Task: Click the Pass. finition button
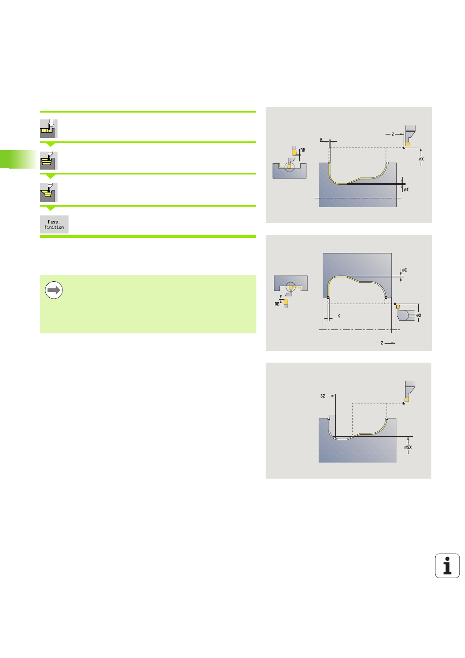pyautogui.click(x=54, y=224)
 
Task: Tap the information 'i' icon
pyautogui.click(x=447, y=565)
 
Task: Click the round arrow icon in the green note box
pyautogui.click(x=54, y=290)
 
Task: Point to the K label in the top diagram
pyautogui.click(x=321, y=139)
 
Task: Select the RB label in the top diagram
pyautogui.click(x=303, y=150)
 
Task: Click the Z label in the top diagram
pyautogui.click(x=392, y=134)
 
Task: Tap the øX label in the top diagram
pyautogui.click(x=421, y=159)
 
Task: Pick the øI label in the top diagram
pyautogui.click(x=406, y=190)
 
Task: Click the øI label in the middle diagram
pyautogui.click(x=405, y=270)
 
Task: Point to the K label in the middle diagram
pyautogui.click(x=339, y=316)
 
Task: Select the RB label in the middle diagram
pyautogui.click(x=277, y=304)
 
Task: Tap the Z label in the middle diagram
pyautogui.click(x=382, y=343)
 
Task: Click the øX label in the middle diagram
pyautogui.click(x=419, y=315)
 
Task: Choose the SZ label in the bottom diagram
pyautogui.click(x=323, y=396)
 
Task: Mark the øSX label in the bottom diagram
pyautogui.click(x=408, y=447)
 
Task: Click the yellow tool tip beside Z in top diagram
pyautogui.click(x=407, y=144)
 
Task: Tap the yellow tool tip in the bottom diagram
pyautogui.click(x=407, y=400)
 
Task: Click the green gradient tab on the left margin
pyautogui.click(x=18, y=159)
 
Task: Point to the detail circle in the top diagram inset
pyautogui.click(x=290, y=167)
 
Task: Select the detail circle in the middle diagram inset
pyautogui.click(x=291, y=286)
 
